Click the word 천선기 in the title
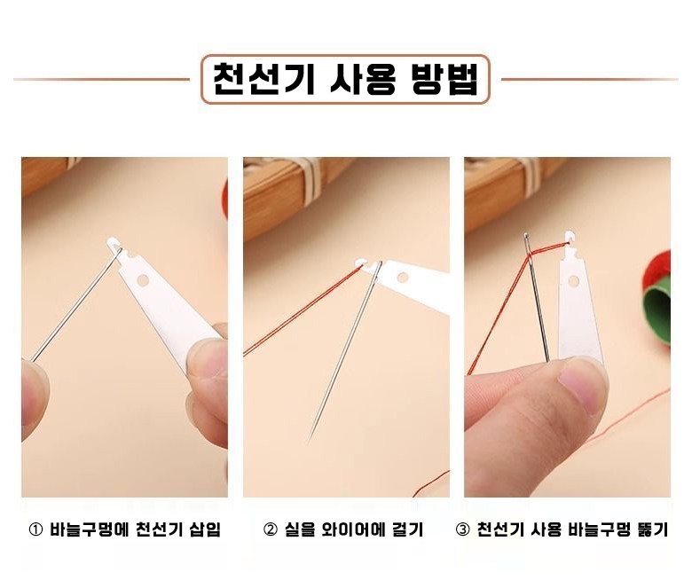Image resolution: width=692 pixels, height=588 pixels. tap(263, 80)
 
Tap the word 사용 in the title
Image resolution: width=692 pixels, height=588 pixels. tap(363, 80)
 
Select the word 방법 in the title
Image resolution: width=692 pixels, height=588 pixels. tap(444, 80)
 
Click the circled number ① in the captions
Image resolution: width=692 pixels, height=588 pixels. tap(35, 529)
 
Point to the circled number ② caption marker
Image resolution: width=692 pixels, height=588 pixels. tap(270, 529)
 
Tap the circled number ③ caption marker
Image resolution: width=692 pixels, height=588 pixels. tap(462, 529)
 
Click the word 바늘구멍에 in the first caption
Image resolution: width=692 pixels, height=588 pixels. tap(89, 529)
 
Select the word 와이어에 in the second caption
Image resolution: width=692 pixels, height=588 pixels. tap(350, 529)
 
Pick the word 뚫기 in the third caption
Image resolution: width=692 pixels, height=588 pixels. tap(653, 529)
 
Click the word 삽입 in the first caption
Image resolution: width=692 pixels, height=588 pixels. tap(205, 529)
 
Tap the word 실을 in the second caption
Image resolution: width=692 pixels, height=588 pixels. tap(298, 529)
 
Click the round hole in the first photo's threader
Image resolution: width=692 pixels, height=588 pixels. tap(143, 279)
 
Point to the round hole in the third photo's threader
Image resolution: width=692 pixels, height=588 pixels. tap(574, 280)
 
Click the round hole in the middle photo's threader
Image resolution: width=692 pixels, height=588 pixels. tap(403, 277)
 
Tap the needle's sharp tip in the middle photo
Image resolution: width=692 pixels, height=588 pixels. tap(310, 439)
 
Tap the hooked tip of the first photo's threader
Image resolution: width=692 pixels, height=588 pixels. tap(114, 244)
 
